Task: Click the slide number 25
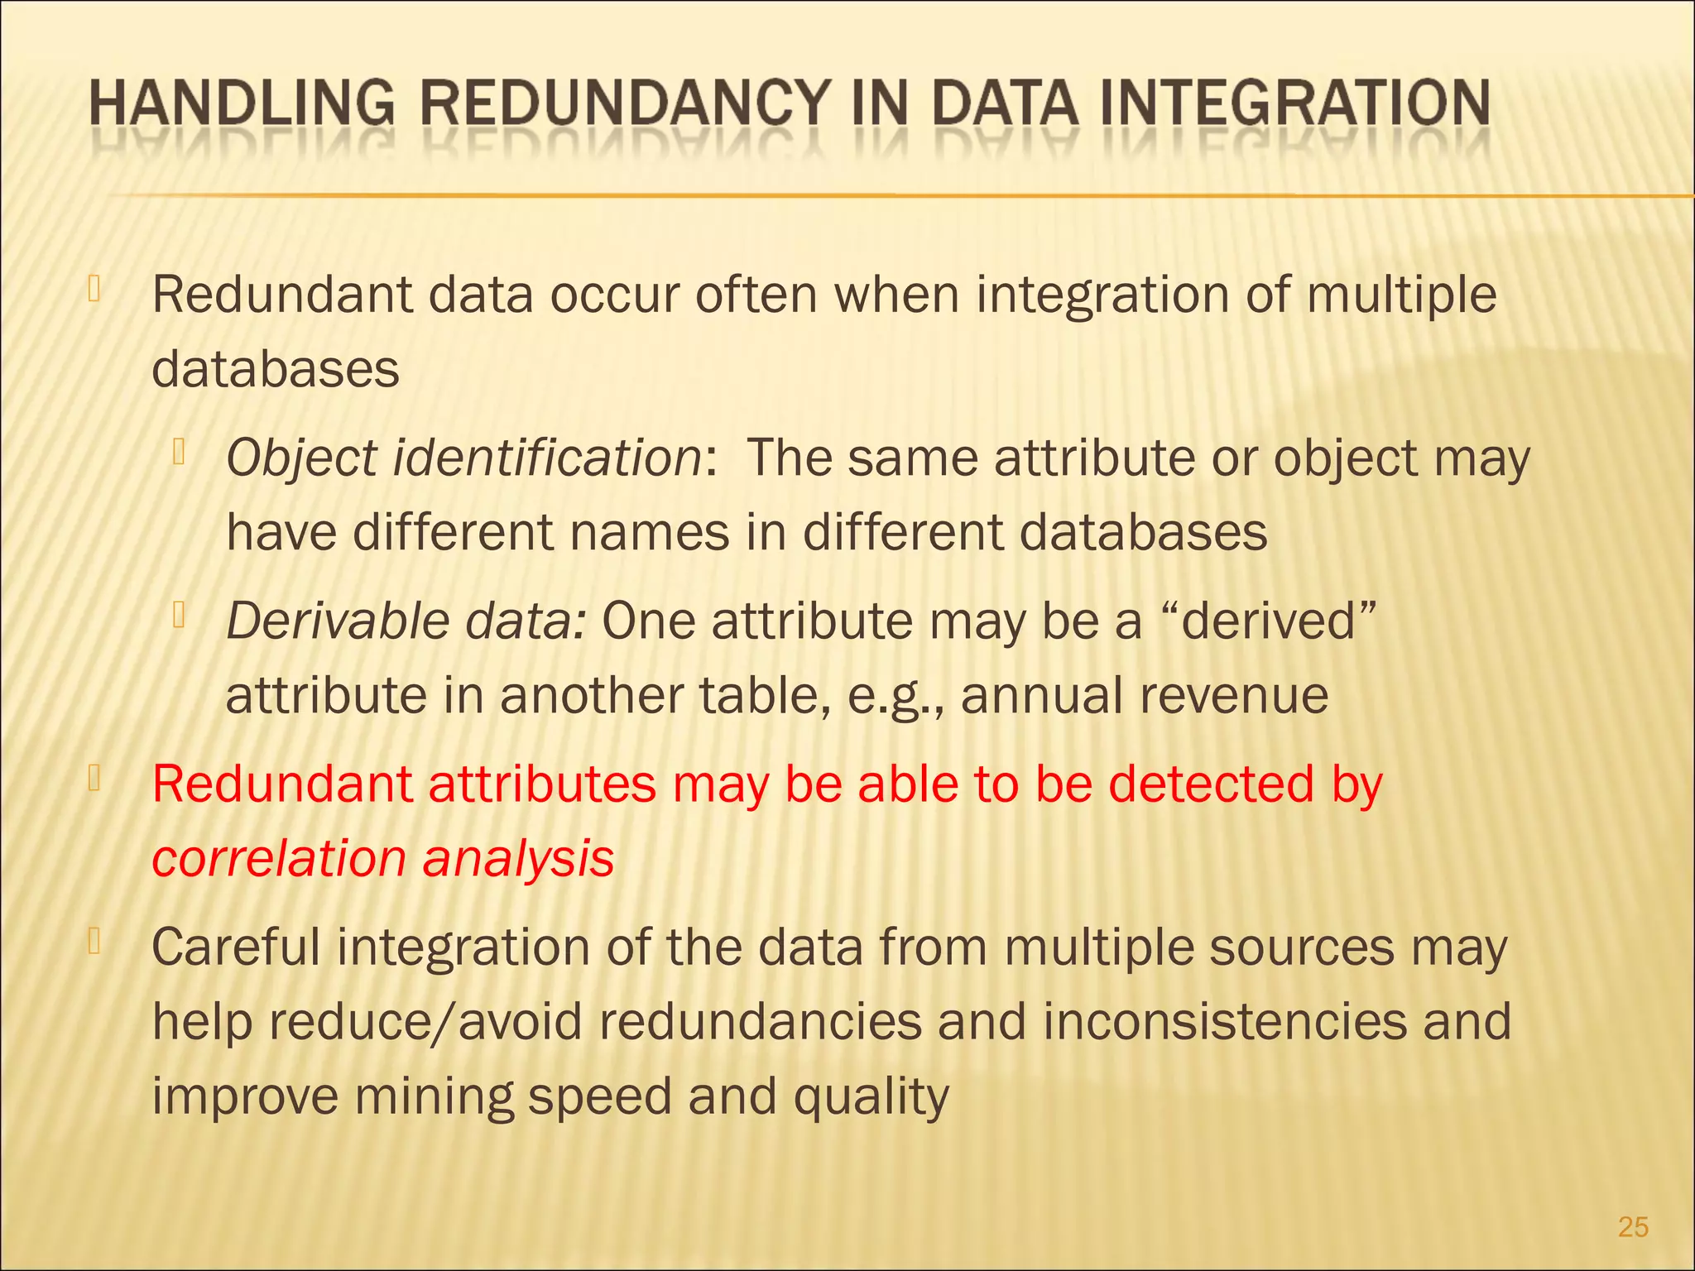click(1633, 1226)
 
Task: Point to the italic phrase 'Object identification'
click(464, 458)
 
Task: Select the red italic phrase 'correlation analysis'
click(382, 858)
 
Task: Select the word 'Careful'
click(235, 947)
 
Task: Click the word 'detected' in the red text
click(1211, 784)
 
